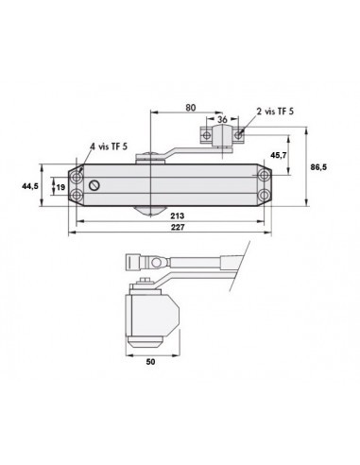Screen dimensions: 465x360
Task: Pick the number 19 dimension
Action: click(60, 187)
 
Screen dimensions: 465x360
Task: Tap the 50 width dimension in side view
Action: click(150, 361)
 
